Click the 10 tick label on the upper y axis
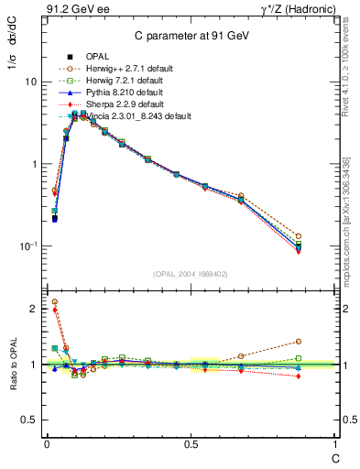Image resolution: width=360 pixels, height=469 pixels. click(x=31, y=82)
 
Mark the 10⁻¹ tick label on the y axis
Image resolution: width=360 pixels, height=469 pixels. click(x=28, y=245)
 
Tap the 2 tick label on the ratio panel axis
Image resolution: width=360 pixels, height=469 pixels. click(x=34, y=309)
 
